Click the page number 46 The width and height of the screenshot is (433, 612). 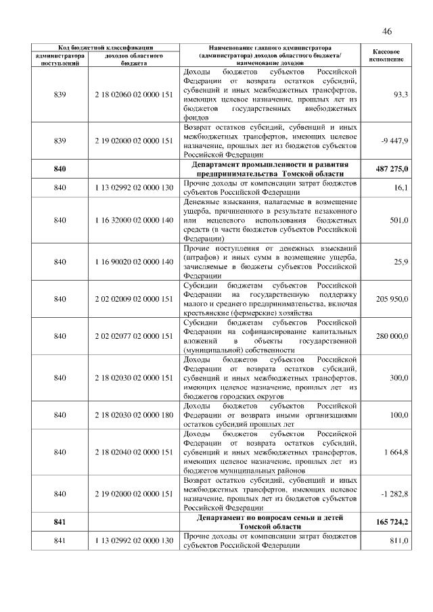tap(387, 31)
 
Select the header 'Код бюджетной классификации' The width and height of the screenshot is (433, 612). tap(99, 48)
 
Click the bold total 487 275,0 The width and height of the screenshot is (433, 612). tap(392, 167)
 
